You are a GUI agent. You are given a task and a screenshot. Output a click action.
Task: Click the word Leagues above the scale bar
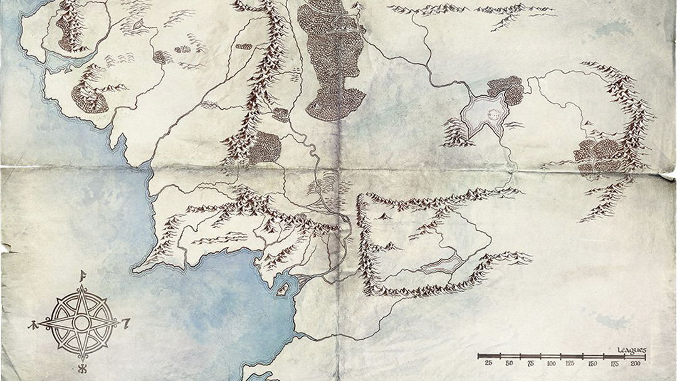coord(631,350)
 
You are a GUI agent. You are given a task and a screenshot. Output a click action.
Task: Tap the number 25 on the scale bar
coord(488,363)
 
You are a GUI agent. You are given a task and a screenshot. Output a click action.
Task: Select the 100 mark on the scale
coord(550,363)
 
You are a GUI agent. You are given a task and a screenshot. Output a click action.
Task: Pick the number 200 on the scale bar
coord(635,363)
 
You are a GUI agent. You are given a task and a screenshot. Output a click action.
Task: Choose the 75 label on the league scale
coord(530,363)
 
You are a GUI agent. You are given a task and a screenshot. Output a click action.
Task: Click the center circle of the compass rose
coord(81,323)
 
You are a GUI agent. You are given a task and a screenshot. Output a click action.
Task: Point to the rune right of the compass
coord(127,323)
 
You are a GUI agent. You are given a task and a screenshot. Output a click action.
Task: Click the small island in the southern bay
coord(283,289)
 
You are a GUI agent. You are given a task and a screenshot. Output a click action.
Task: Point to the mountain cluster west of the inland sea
coord(456,133)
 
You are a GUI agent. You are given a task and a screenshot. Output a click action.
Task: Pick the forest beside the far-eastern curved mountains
coord(599,153)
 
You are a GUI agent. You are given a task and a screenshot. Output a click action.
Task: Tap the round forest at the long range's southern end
coord(266,147)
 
